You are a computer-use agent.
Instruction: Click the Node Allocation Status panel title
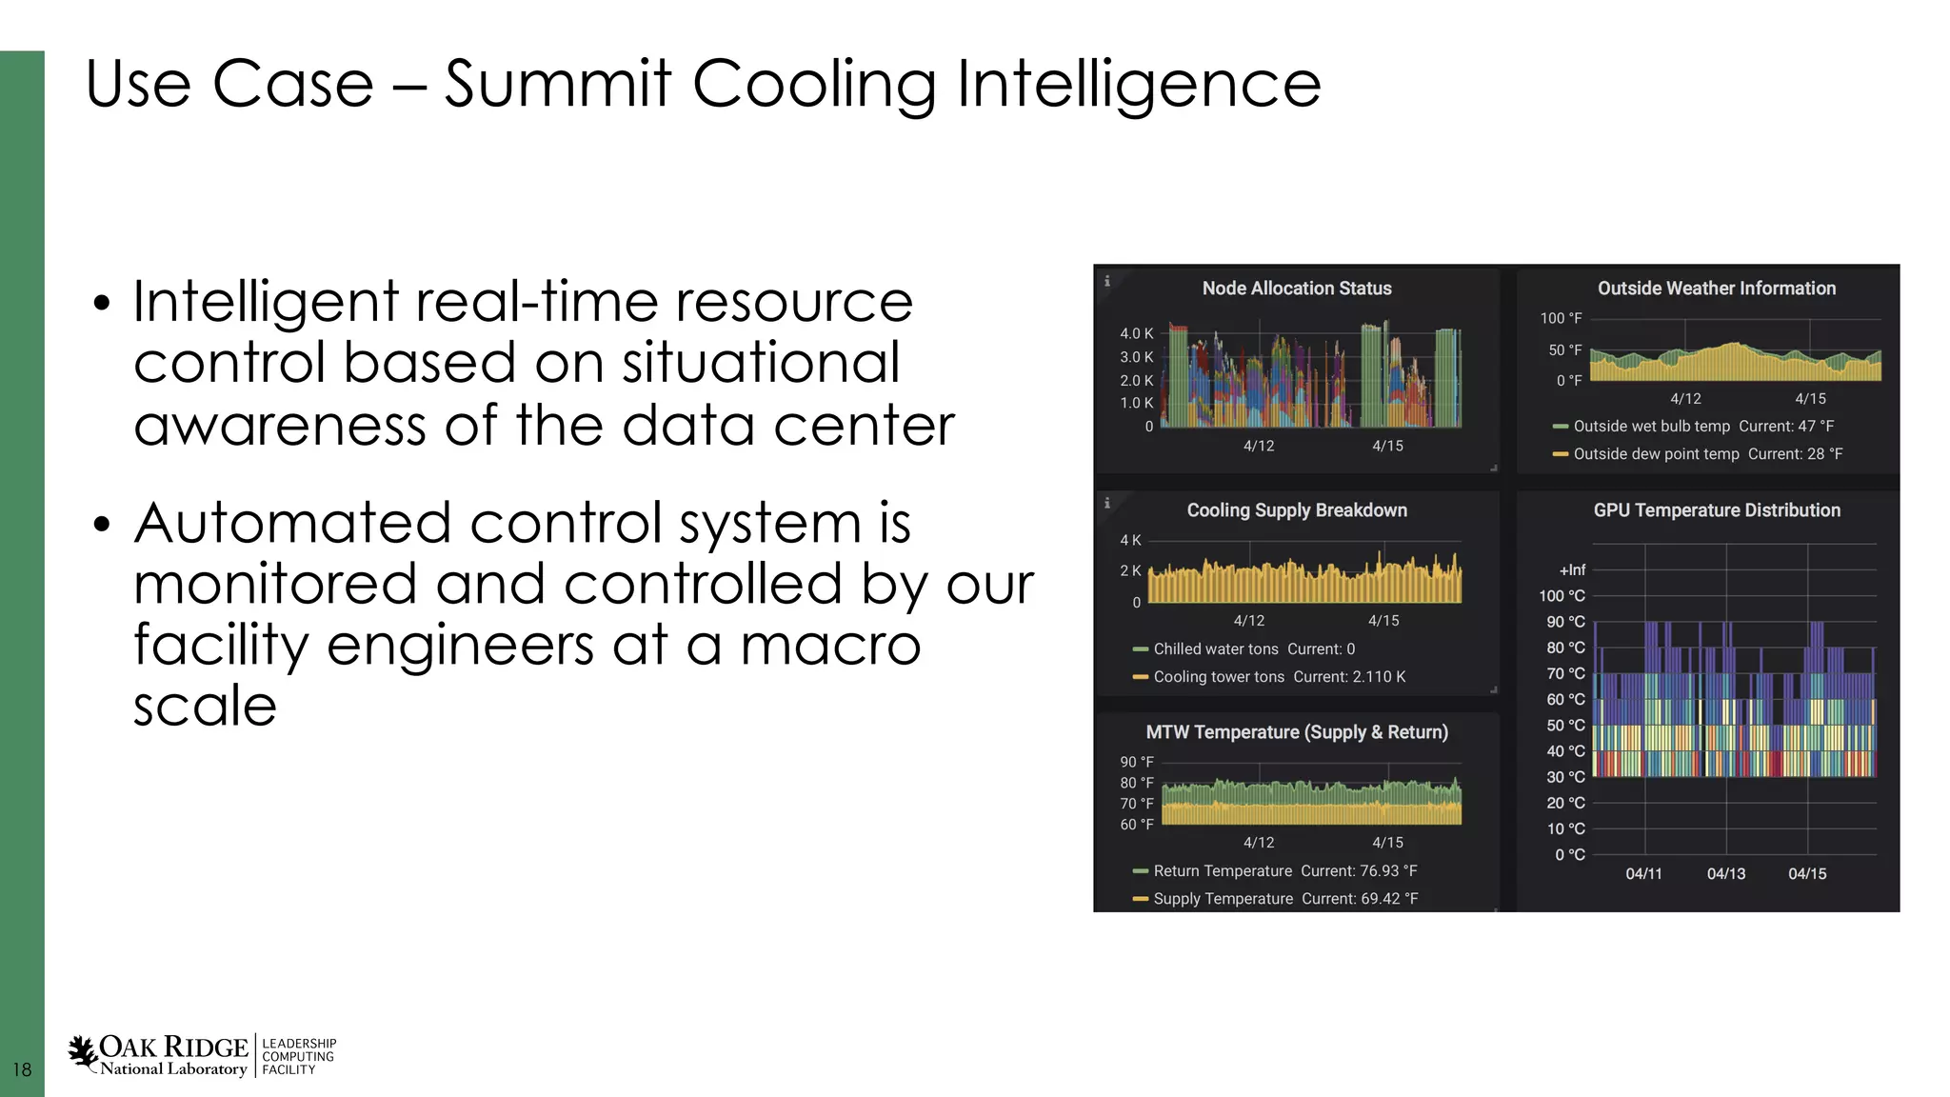[1296, 289]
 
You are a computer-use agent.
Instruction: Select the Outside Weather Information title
[1716, 289]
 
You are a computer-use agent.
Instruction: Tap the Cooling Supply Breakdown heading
[1296, 510]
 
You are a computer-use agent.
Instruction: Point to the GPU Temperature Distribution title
[1716, 510]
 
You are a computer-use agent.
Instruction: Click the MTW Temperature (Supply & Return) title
[1296, 732]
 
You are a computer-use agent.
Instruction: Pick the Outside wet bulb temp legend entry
[1651, 427]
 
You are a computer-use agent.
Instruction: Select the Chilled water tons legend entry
[1216, 649]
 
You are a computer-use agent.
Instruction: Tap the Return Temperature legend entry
[1223, 871]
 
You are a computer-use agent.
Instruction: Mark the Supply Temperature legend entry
[1223, 899]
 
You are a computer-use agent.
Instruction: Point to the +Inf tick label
[1572, 570]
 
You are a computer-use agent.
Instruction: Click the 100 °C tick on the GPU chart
[1562, 596]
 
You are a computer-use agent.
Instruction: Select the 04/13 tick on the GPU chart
[1725, 874]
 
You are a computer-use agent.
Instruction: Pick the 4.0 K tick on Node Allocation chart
[1136, 334]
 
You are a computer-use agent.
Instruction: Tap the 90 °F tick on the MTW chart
[1136, 762]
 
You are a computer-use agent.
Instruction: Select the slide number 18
[22, 1070]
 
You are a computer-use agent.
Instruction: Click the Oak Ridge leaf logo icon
[83, 1051]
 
